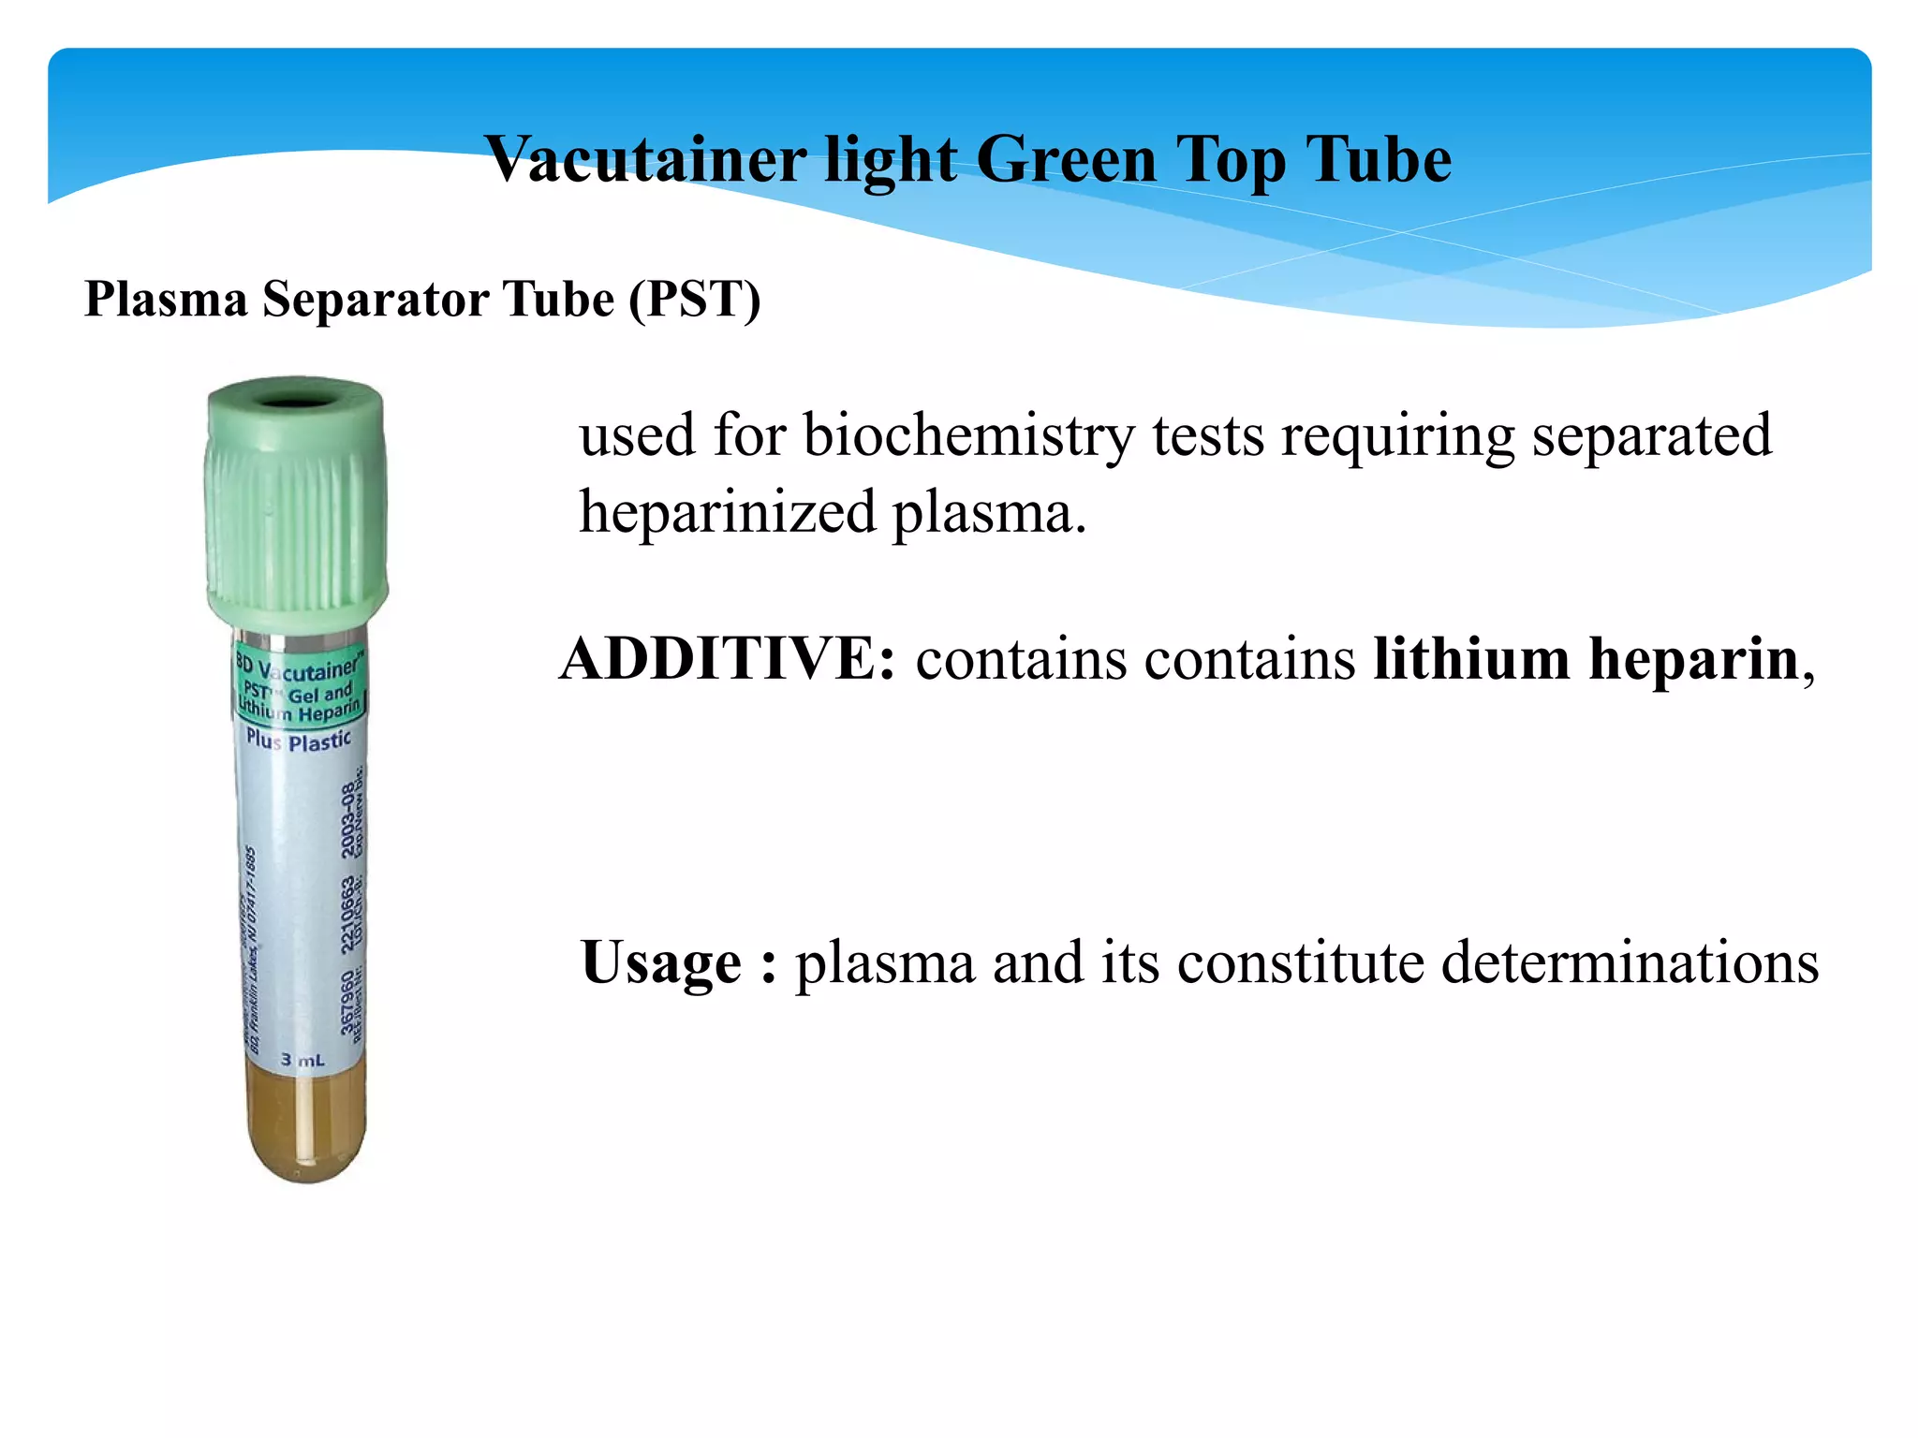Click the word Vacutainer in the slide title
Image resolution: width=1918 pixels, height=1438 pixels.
(x=645, y=159)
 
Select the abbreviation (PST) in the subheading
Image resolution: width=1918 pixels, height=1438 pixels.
(x=694, y=300)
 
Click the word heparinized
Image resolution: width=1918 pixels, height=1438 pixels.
(x=727, y=513)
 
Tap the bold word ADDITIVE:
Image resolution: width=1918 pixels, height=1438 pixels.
(x=728, y=658)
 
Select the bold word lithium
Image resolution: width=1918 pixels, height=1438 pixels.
(x=1471, y=658)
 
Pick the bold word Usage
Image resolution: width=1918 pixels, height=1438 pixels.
(x=661, y=963)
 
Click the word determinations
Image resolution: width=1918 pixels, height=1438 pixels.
(x=1630, y=961)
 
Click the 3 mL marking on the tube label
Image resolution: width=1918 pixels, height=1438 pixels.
(x=302, y=1060)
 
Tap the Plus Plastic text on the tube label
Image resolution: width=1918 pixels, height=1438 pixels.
(x=298, y=741)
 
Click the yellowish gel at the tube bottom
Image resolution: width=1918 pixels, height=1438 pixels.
(x=305, y=1128)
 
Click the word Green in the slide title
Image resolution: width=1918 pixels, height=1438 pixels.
(x=1066, y=159)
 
